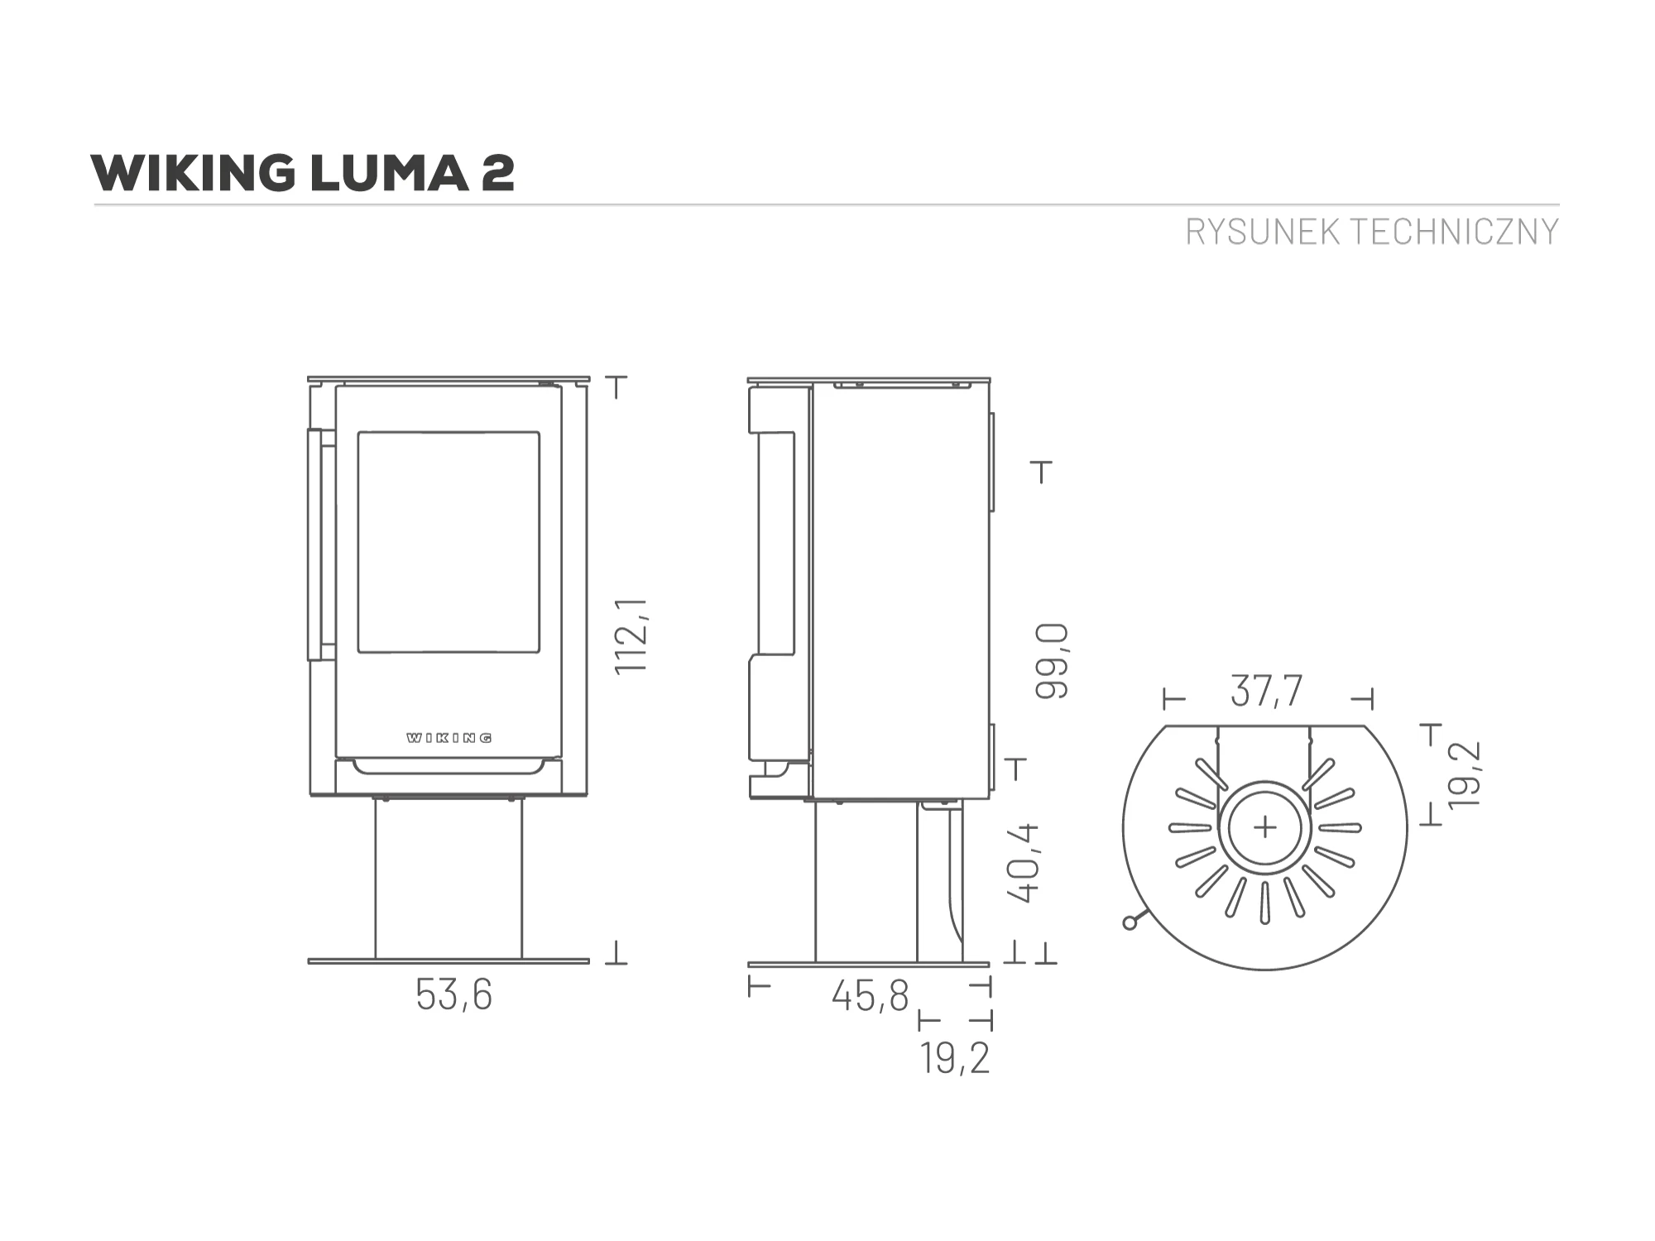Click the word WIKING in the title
(193, 173)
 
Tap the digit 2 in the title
(496, 173)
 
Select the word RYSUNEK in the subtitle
(1263, 232)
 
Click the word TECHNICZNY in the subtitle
(1454, 232)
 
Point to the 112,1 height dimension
(634, 635)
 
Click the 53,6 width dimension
(453, 995)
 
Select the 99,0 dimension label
(1052, 662)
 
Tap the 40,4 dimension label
(1023, 862)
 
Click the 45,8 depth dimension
(871, 995)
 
